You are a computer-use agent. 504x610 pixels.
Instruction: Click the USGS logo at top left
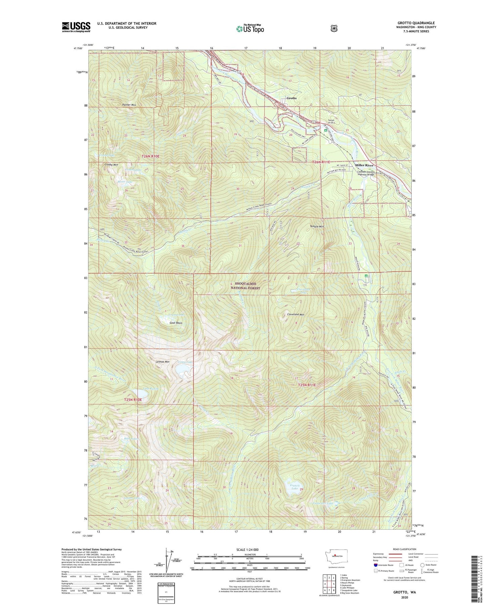[x=76, y=27]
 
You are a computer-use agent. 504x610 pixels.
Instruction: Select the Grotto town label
[x=291, y=98]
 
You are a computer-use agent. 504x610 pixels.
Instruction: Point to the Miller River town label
[x=364, y=166]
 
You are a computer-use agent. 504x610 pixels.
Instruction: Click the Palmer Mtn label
[x=129, y=105]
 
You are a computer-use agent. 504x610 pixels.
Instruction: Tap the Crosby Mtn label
[x=111, y=165]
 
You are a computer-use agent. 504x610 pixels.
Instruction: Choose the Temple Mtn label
[x=317, y=226]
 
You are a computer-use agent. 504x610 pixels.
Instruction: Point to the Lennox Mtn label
[x=163, y=362]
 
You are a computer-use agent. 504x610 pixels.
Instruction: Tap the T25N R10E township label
[x=133, y=400]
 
